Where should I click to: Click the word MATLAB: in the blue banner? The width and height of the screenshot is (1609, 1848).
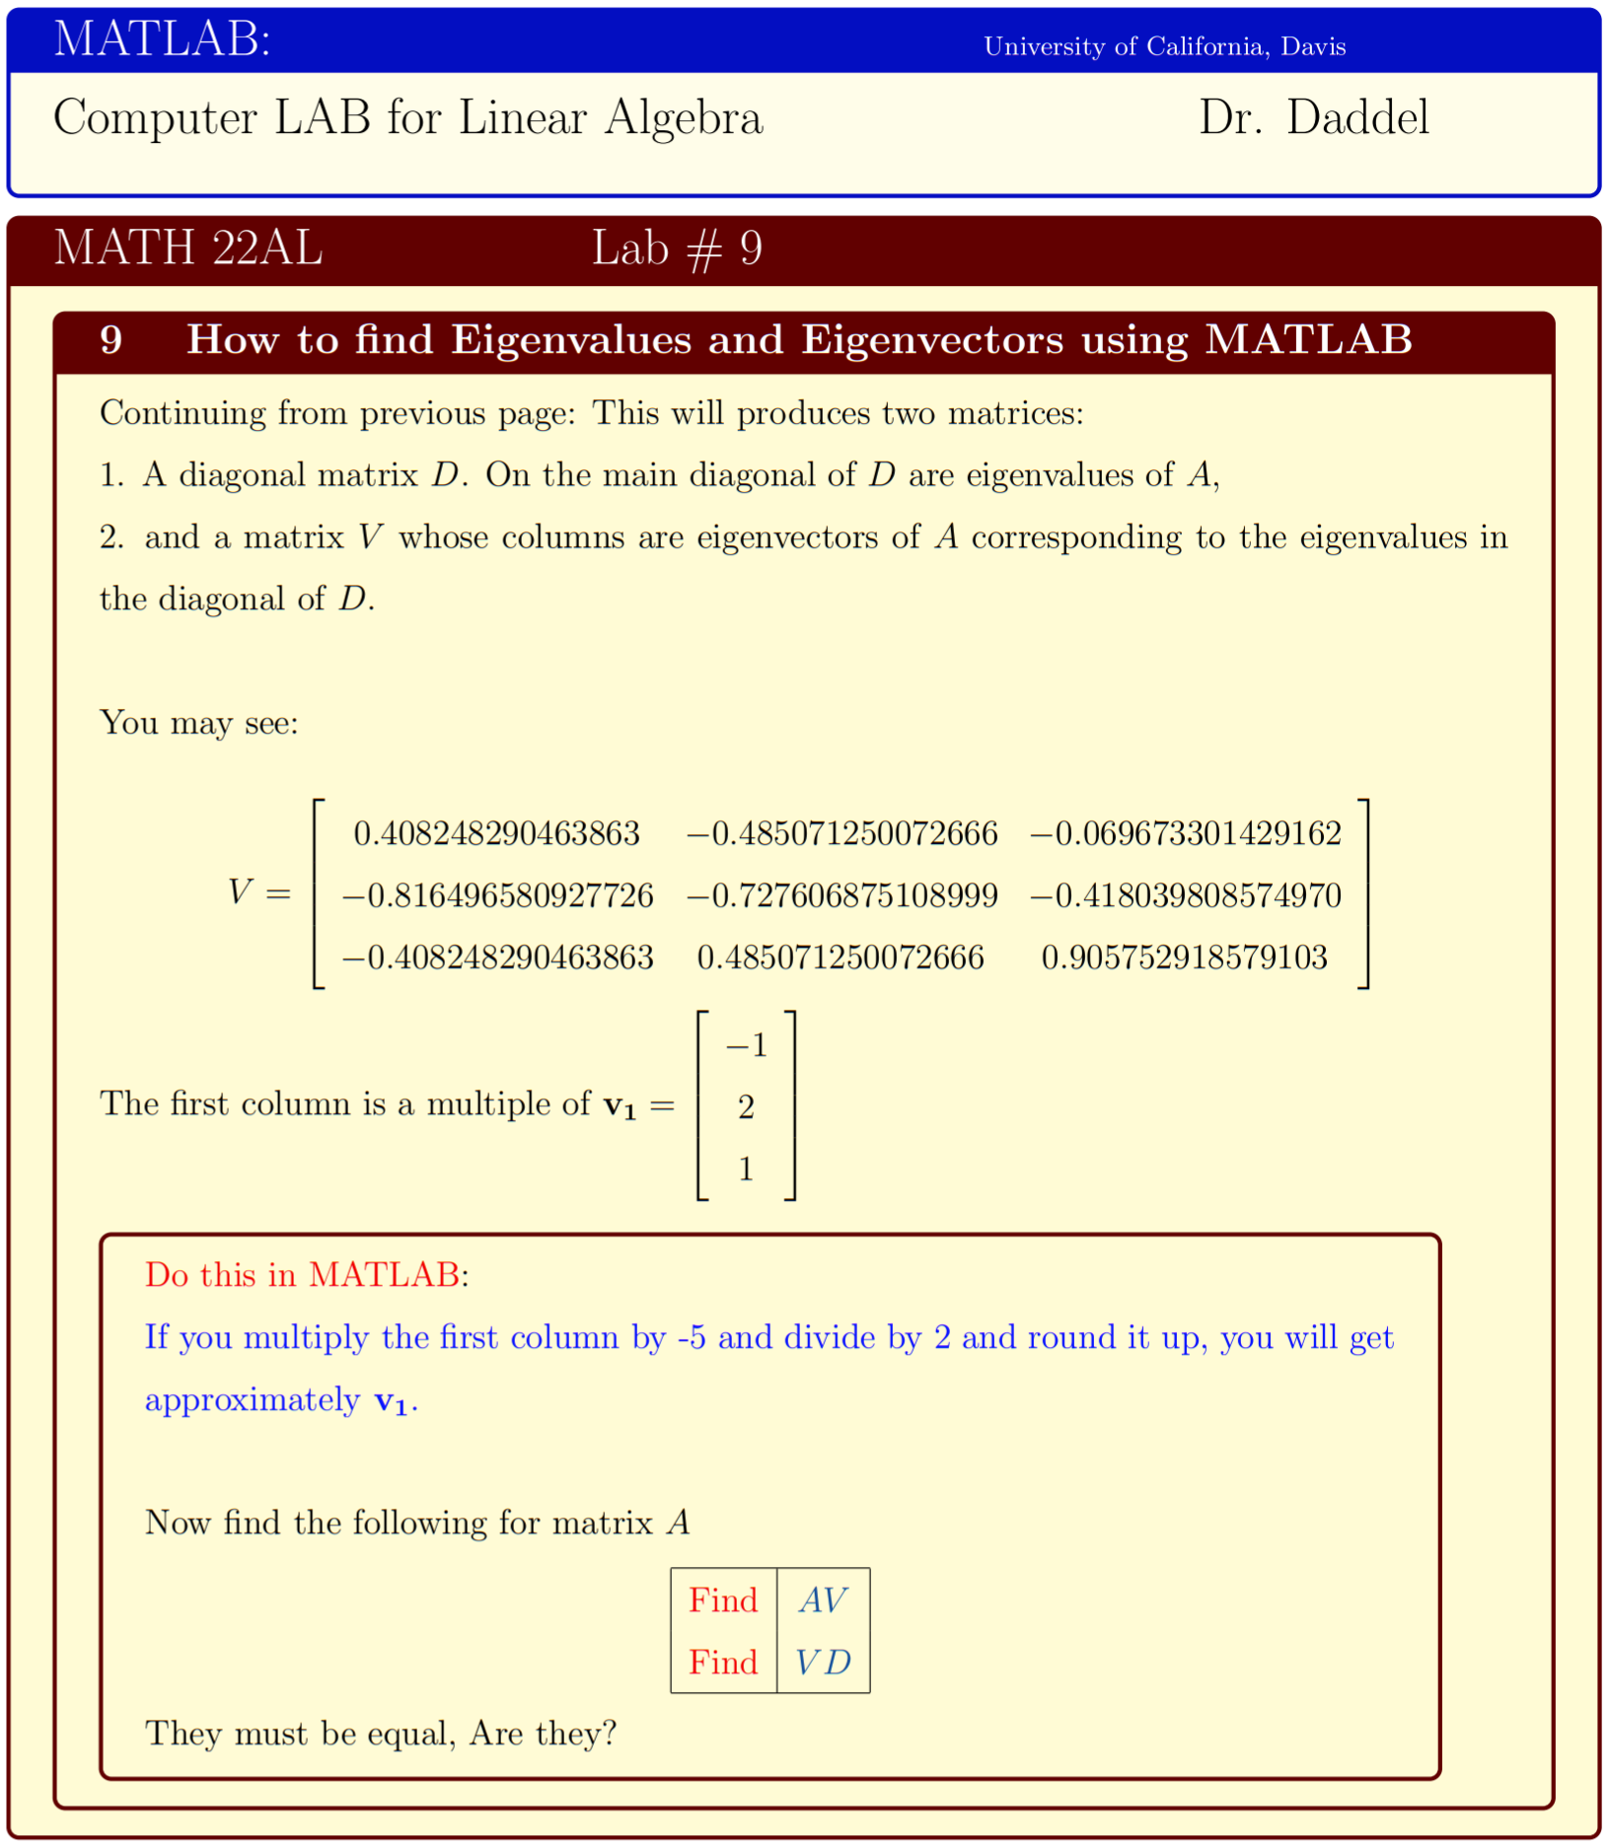(162, 40)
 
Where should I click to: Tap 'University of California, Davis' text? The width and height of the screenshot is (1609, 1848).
(1163, 47)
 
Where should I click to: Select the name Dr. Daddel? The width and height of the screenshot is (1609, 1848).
(1312, 118)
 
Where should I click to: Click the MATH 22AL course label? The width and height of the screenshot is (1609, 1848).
(187, 248)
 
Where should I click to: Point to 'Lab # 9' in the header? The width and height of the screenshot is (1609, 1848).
(676, 249)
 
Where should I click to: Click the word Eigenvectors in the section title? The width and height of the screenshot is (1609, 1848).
(931, 340)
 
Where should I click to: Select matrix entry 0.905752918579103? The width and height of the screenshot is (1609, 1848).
(1184, 958)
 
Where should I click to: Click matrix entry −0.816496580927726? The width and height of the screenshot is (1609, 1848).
(497, 895)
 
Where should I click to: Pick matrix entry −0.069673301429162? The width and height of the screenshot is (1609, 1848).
(1185, 834)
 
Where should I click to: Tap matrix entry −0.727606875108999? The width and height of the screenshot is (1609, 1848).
(841, 895)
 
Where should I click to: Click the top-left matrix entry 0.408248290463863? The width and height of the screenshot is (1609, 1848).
(496, 834)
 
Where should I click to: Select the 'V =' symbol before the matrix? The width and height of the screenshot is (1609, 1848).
(258, 892)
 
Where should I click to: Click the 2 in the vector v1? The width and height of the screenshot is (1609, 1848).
(746, 1107)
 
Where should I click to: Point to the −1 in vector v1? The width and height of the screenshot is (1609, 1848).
(746, 1045)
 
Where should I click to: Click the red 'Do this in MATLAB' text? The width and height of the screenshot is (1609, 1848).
(302, 1275)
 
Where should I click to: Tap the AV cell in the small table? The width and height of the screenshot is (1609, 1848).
(823, 1600)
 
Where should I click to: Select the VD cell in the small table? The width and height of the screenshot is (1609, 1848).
(823, 1663)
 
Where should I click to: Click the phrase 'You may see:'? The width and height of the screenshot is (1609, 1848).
(198, 723)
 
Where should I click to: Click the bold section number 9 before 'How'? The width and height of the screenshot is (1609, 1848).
(111, 340)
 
